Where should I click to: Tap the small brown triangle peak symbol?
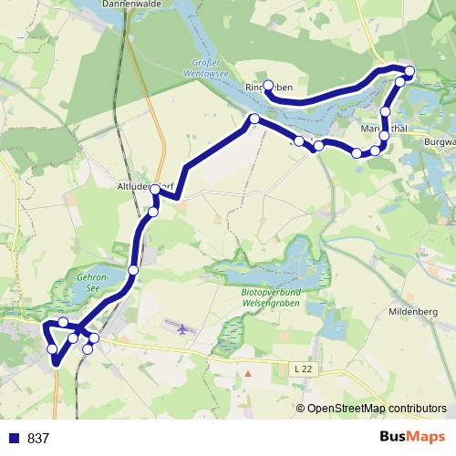click(247, 373)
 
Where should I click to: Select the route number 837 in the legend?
click(39, 439)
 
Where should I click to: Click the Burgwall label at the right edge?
click(440, 142)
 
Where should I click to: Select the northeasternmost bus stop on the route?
click(409, 71)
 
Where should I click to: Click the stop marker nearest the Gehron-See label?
click(134, 269)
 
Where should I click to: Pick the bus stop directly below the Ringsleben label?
click(254, 119)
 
